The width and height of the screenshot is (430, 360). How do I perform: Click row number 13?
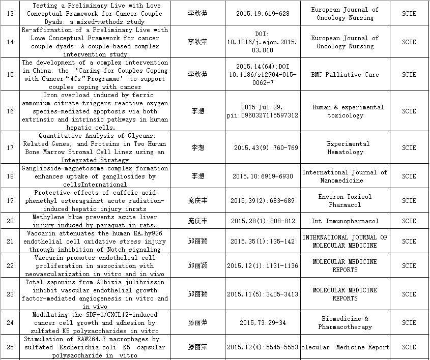point(10,13)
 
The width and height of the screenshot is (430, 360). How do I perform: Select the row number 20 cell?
point(10,221)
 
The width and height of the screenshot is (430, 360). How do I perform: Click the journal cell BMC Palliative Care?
point(345,74)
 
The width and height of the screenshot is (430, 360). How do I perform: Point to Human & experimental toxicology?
point(348,111)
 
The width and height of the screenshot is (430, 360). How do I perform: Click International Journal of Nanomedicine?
point(345,176)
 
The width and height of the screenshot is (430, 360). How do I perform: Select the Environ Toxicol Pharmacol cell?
point(345,200)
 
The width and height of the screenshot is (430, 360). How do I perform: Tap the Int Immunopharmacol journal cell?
point(345,221)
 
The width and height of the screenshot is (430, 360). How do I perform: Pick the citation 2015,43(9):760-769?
point(266,147)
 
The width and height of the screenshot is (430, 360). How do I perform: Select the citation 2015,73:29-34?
point(263,322)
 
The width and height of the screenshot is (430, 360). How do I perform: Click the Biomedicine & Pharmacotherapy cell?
point(345,322)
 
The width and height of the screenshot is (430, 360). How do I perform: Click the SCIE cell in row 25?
point(409,347)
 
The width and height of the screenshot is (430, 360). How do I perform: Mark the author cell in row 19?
point(197,200)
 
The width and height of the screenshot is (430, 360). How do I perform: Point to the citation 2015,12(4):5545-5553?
point(263,347)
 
